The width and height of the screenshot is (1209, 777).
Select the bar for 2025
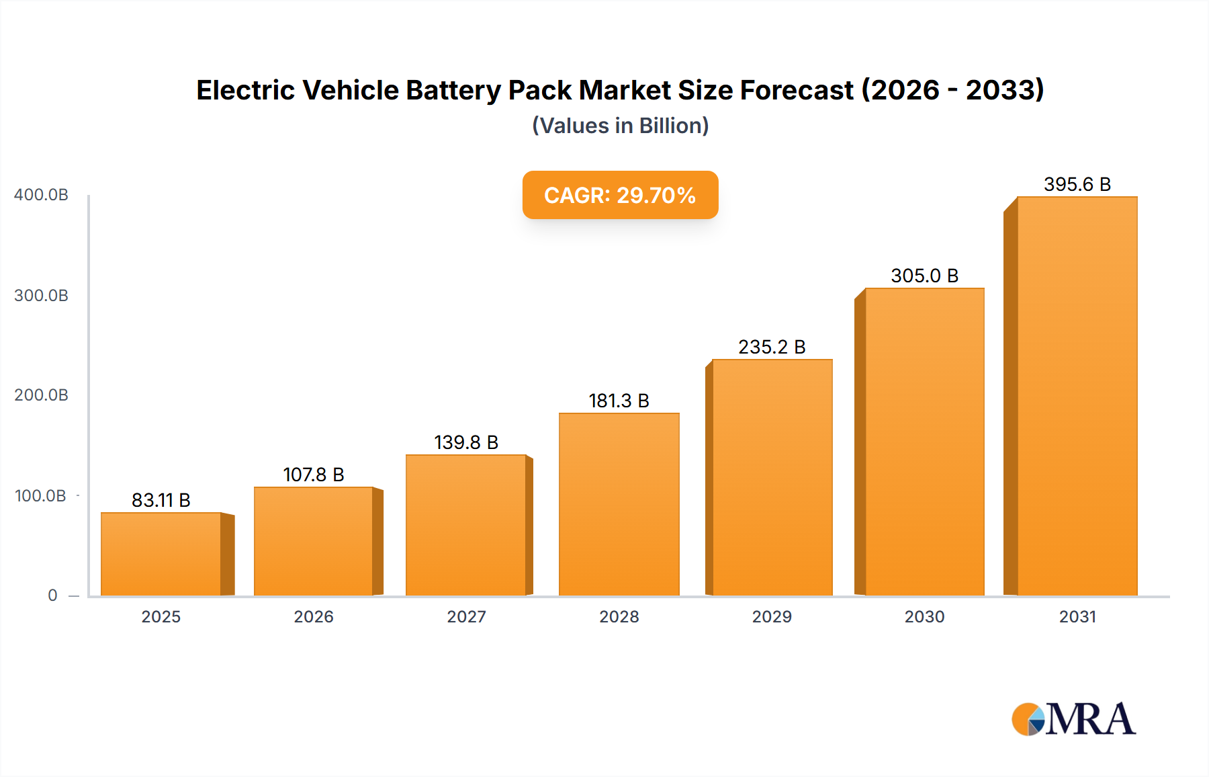(x=161, y=555)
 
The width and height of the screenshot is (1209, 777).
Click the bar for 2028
(x=619, y=504)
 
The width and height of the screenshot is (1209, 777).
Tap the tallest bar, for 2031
(x=1077, y=397)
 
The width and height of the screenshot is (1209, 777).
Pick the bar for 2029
(x=772, y=477)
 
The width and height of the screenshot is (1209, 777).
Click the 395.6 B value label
(x=1077, y=184)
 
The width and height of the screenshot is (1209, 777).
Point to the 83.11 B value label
(x=161, y=500)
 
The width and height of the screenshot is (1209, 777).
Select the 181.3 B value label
(x=619, y=401)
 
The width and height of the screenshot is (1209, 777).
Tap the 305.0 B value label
(x=924, y=276)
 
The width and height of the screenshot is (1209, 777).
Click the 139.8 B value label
(x=466, y=442)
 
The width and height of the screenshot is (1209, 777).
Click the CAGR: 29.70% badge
(x=620, y=195)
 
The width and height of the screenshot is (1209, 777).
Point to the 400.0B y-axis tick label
(x=41, y=195)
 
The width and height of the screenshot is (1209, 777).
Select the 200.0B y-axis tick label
(x=41, y=395)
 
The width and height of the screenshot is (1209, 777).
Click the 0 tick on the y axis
(x=52, y=595)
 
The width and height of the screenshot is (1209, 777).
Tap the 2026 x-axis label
(x=314, y=616)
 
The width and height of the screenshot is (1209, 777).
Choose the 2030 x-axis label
(x=924, y=616)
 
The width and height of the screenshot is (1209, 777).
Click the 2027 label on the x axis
(x=466, y=616)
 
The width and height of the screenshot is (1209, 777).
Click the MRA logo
(x=1073, y=719)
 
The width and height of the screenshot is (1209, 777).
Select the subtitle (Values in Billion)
(x=620, y=126)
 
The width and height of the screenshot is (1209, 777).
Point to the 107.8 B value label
(x=314, y=475)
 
